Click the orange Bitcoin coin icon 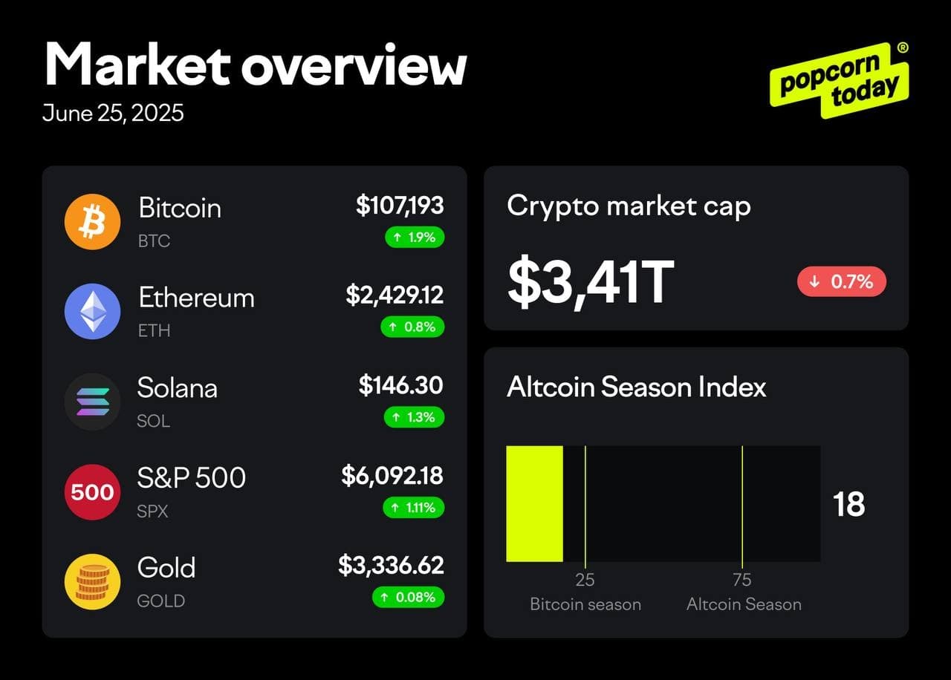coord(92,221)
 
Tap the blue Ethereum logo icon coord(92,311)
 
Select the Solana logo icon coord(92,402)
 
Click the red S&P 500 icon coord(92,491)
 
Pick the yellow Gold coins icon coord(92,581)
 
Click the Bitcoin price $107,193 coord(400,205)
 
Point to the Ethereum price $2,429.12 coord(395,295)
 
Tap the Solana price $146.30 coord(401,385)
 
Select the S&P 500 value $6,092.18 coord(392,475)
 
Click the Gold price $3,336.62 coord(391,565)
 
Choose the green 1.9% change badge coord(415,238)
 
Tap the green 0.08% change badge coord(408,597)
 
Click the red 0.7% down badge coord(842,281)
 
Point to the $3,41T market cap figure coord(591,282)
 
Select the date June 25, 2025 coord(113,113)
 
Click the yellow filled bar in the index coord(534,503)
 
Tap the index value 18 coord(849,504)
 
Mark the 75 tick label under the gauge coord(741,580)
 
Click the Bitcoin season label coord(585,604)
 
